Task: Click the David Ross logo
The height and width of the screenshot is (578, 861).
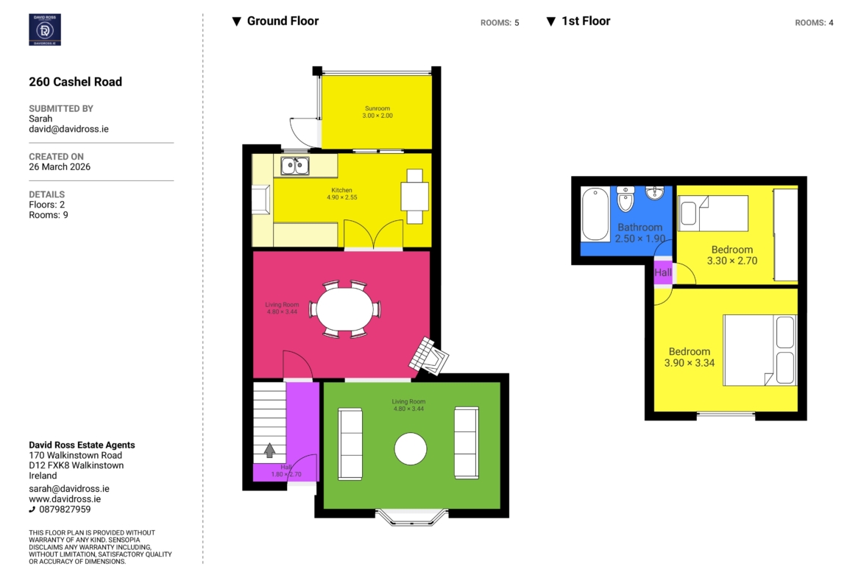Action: (x=44, y=29)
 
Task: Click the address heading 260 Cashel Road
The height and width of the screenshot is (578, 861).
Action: (x=75, y=82)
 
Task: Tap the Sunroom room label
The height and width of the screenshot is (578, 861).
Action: (x=378, y=112)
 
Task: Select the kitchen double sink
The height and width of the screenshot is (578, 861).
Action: (x=295, y=166)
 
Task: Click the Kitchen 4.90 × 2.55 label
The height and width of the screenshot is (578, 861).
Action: (x=341, y=194)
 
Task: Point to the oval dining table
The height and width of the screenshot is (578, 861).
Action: (x=345, y=309)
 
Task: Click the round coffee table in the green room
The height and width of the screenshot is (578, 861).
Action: (x=410, y=449)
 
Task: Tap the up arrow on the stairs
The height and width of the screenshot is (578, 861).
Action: (x=269, y=451)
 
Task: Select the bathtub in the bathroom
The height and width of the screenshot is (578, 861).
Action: (x=595, y=214)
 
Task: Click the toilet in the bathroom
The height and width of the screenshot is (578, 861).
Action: (x=626, y=199)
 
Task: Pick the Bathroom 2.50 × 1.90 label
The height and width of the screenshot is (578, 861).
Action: (x=639, y=233)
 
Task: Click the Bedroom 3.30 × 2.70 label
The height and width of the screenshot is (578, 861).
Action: (x=732, y=255)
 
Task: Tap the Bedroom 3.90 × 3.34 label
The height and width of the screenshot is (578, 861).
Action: (x=689, y=357)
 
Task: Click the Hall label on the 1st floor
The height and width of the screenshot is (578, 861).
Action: (x=663, y=272)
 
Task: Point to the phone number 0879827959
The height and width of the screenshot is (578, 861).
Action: (x=65, y=510)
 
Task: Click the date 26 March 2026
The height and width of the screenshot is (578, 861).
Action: (x=60, y=167)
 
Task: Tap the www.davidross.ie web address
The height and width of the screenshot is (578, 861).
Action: (x=65, y=499)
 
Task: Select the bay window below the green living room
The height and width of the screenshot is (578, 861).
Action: (x=412, y=518)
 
